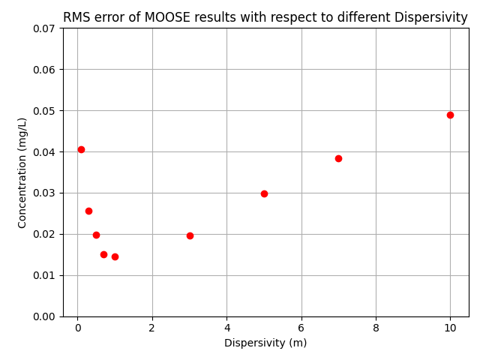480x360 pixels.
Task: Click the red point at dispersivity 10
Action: pyautogui.click(x=450, y=115)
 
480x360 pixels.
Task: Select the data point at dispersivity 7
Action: pyautogui.click(x=338, y=158)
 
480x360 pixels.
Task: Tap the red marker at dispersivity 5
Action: pyautogui.click(x=264, y=193)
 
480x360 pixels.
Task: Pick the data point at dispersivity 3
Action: pyautogui.click(x=190, y=235)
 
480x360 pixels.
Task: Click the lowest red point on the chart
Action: pyautogui.click(x=115, y=256)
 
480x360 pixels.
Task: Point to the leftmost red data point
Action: pyautogui.click(x=81, y=149)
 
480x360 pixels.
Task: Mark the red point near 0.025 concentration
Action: pyautogui.click(x=88, y=211)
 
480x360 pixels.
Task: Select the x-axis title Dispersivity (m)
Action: pyautogui.click(x=265, y=343)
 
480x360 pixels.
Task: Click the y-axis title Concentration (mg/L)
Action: pyautogui.click(x=22, y=172)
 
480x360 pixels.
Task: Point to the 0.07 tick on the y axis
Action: pyautogui.click(x=44, y=28)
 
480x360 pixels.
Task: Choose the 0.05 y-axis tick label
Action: pyautogui.click(x=44, y=111)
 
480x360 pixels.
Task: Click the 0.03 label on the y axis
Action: pyautogui.click(x=44, y=193)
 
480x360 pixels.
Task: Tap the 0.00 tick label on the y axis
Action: pyautogui.click(x=44, y=316)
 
